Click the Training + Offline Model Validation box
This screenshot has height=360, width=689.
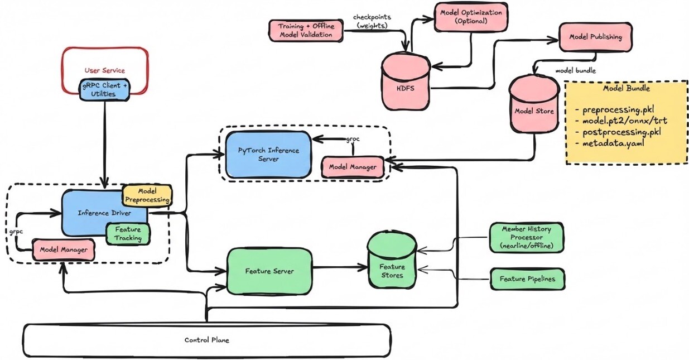(x=306, y=30)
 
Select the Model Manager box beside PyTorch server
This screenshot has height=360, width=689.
(x=351, y=166)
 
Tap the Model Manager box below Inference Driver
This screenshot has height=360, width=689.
(x=63, y=249)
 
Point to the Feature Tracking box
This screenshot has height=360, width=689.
(x=128, y=234)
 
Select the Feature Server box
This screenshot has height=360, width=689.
(x=269, y=271)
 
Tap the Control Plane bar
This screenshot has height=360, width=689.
(x=206, y=339)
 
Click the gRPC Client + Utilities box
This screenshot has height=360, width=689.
(x=104, y=90)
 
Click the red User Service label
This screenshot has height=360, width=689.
(x=104, y=70)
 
